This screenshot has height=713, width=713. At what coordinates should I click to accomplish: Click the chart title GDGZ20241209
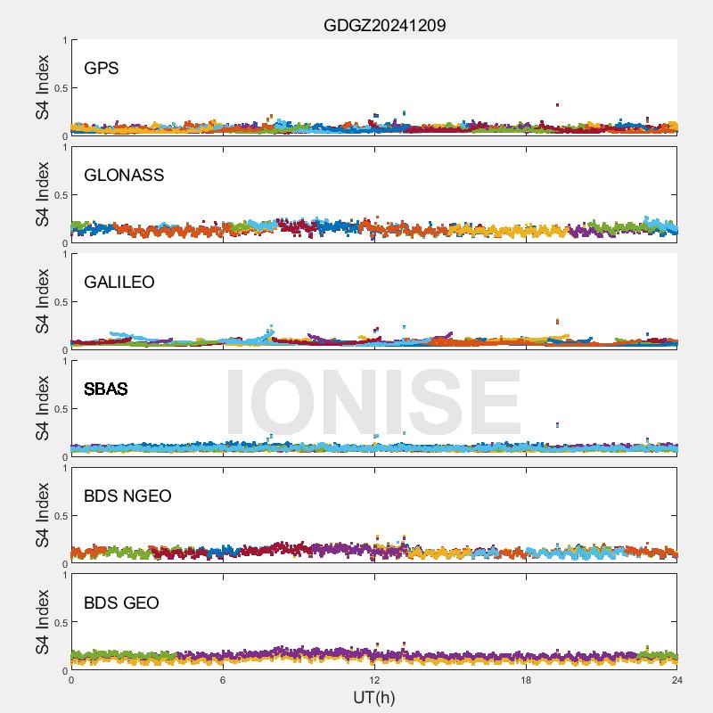pos(384,25)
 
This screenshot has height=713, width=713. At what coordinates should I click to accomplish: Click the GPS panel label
pos(101,68)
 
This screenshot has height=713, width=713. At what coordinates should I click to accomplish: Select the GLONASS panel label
pos(124,175)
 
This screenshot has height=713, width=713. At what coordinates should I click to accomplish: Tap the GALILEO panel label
pos(119,282)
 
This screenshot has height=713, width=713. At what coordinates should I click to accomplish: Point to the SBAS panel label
pos(106,389)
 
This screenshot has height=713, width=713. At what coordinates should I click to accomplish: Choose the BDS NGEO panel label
pos(127,496)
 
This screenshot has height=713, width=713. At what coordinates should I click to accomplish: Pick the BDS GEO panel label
pos(121,602)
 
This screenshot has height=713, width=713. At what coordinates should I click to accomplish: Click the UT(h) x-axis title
pos(374,696)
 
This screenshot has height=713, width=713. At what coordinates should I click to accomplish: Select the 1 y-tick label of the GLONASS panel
pos(64,147)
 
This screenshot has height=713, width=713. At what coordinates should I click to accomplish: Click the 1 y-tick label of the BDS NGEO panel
pos(64,468)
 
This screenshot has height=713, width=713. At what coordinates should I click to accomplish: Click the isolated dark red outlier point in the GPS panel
pos(557,104)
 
